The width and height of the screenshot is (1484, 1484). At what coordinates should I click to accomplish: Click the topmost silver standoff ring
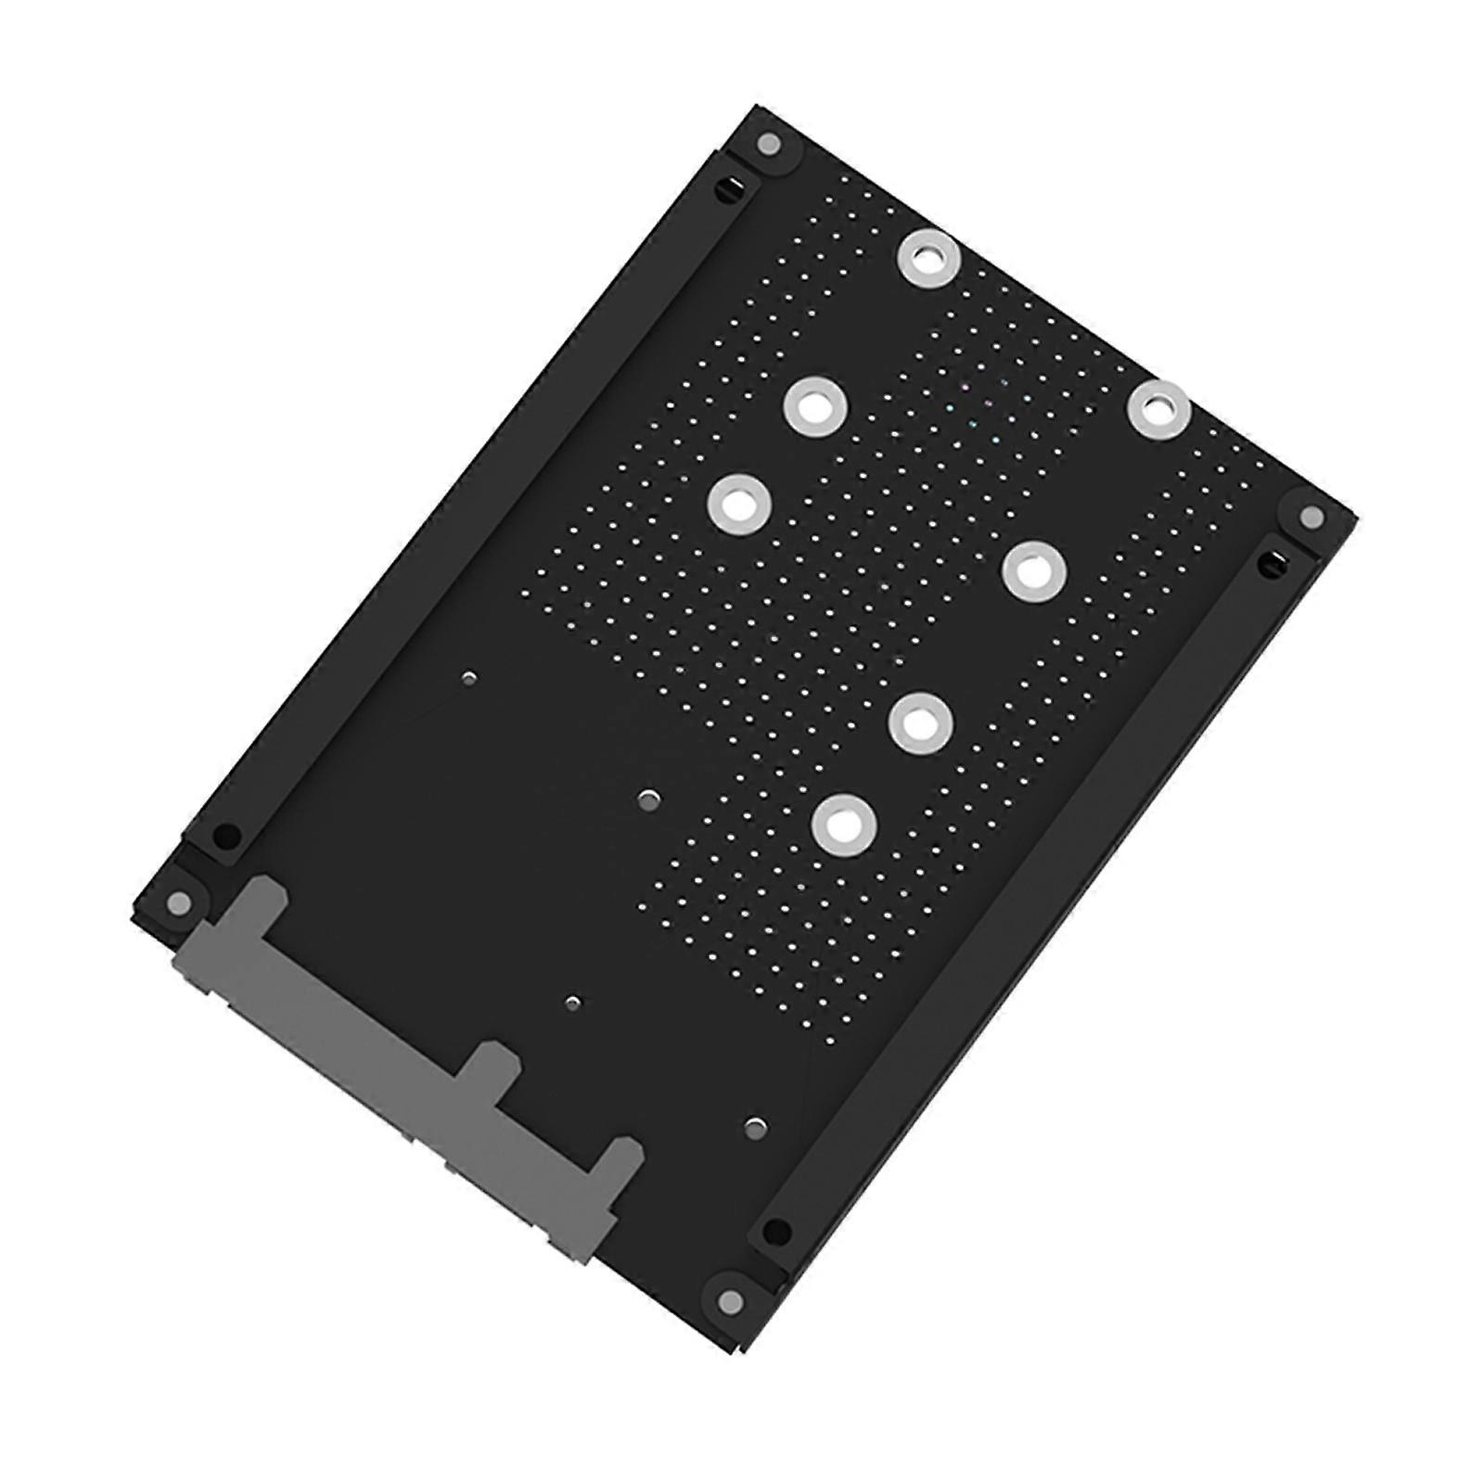pos(930,257)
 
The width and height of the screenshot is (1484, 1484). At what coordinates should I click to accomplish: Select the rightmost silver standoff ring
pos(1159,409)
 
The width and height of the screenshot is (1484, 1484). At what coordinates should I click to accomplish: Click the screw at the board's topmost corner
pos(768,144)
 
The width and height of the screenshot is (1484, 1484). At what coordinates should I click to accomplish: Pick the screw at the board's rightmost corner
pos(1310,516)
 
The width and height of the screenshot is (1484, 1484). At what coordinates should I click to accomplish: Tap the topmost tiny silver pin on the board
pos(469,679)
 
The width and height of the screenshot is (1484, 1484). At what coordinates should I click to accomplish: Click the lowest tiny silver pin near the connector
pos(756,1128)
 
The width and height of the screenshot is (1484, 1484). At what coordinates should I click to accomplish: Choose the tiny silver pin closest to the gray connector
pos(573,1003)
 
